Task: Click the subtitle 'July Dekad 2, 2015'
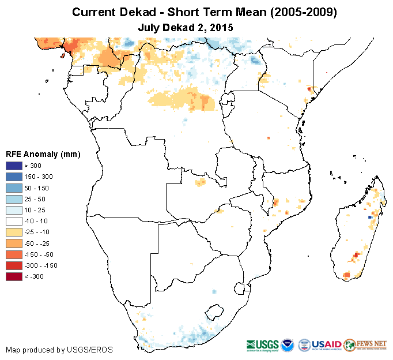tap(186, 27)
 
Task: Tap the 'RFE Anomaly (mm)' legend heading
tap(43, 154)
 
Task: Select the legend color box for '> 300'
tap(14, 166)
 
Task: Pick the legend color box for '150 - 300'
tap(14, 177)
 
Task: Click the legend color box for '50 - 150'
tap(14, 187)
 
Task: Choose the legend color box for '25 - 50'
tap(14, 198)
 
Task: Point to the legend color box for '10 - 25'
tap(14, 210)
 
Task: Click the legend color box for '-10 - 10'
tap(14, 221)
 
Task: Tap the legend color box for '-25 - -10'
tap(14, 232)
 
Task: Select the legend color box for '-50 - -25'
tap(14, 243)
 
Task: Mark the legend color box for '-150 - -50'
tap(14, 254)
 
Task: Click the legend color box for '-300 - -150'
tap(14, 265)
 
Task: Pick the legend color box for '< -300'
tap(14, 276)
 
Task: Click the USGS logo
tap(263, 344)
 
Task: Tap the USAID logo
tap(327, 344)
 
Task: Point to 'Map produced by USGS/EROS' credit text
tap(59, 350)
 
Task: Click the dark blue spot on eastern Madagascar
tap(369, 217)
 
